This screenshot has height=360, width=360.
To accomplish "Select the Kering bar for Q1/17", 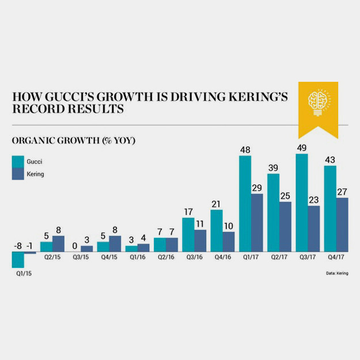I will [x=257, y=222].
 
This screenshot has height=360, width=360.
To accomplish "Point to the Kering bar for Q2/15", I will [x=58, y=244].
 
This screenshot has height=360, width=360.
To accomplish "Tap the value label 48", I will [x=245, y=149].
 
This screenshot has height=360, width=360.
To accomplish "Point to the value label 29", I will [x=257, y=187].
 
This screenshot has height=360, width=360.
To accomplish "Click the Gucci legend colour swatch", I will [x=18, y=162].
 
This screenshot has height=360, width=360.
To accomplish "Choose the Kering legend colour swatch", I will [x=18, y=173].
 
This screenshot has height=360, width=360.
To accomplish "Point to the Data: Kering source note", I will [x=335, y=274].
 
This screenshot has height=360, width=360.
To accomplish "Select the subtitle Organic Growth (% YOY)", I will [x=73, y=140].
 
